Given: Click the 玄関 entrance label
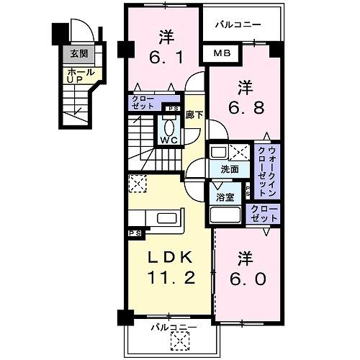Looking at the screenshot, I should point(78,53).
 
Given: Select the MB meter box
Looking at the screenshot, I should point(221,53).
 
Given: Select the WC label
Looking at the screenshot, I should point(169,140).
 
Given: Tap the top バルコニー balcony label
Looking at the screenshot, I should point(236,24).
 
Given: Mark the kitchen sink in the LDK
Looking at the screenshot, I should point(168,219).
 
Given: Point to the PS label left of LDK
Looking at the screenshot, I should point(134,233).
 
